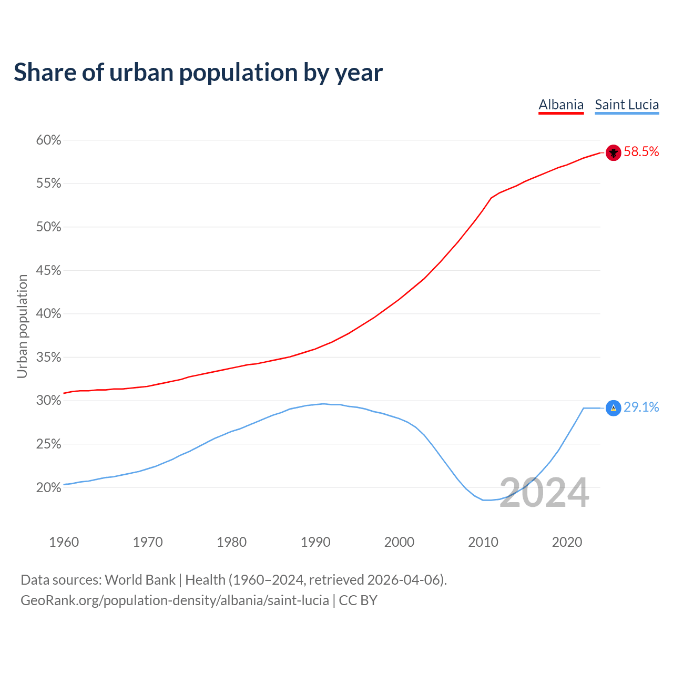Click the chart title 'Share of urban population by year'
(198, 73)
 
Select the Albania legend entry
(561, 105)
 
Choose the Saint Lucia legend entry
(627, 105)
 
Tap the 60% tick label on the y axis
(48, 140)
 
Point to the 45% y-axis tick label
(48, 271)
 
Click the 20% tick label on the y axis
(48, 488)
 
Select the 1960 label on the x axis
(64, 542)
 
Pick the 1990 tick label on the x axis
(315, 542)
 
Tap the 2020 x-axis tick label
(567, 542)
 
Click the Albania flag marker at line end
(614, 152)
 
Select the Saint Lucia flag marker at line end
(614, 408)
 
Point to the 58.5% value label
(641, 152)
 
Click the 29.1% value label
(641, 407)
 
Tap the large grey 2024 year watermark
(544, 493)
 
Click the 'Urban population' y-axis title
(22, 326)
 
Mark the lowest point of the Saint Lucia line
(486, 500)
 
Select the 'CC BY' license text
(358, 600)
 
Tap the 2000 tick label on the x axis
(399, 542)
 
